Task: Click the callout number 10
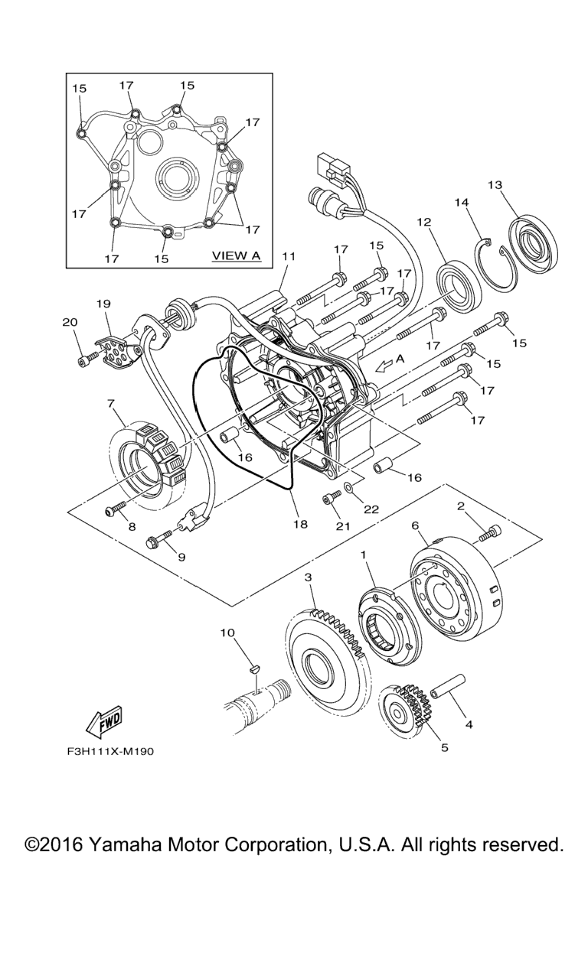(227, 633)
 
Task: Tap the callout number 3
(308, 576)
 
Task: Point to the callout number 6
(415, 525)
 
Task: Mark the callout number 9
(181, 557)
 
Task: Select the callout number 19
(103, 304)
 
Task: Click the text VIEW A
(236, 255)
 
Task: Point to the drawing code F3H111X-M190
(110, 752)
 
